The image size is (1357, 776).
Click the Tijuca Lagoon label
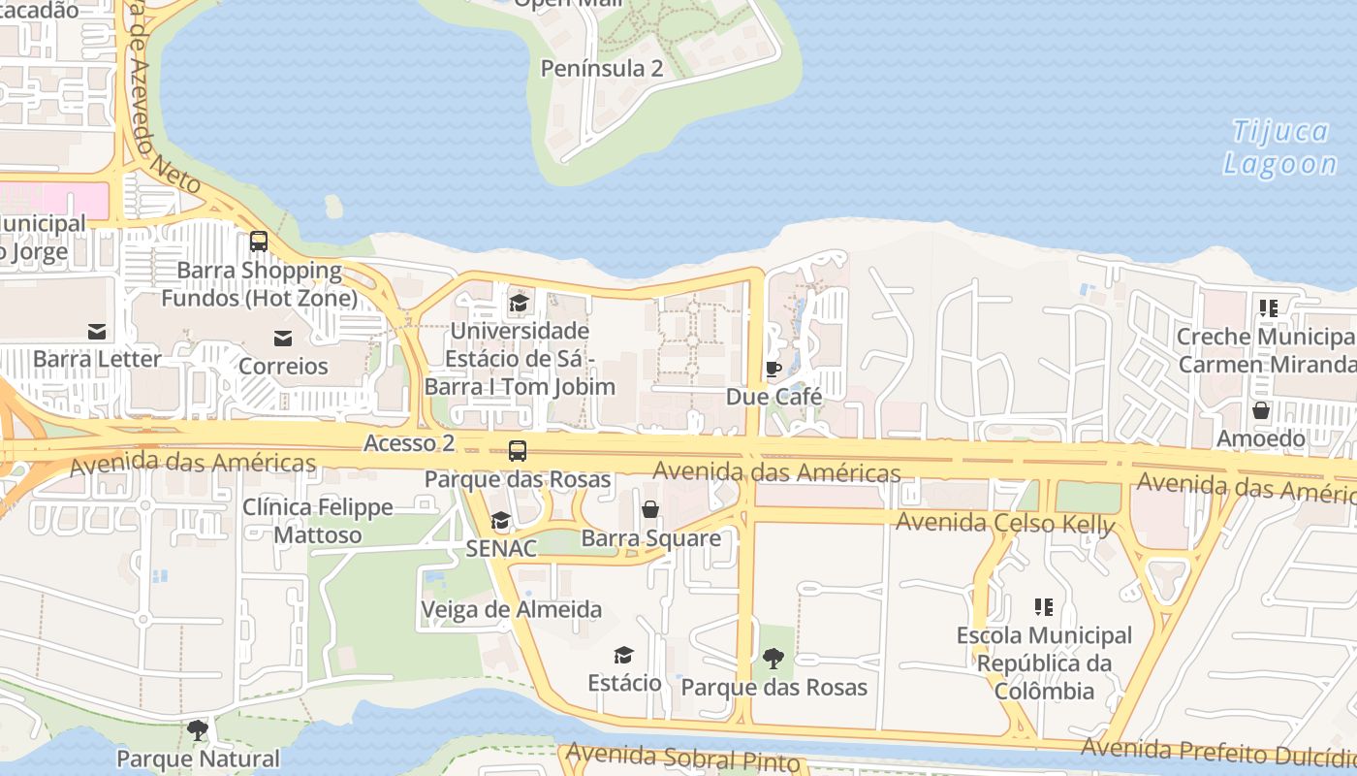coord(1280,147)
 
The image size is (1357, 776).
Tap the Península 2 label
coord(602,68)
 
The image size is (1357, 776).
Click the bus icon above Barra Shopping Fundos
coord(258,242)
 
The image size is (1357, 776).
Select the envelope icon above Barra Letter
coord(97,332)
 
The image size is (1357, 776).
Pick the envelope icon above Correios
coord(283,339)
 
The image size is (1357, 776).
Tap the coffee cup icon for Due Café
coord(773,370)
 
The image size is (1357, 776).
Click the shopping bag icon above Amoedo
coord(1261,410)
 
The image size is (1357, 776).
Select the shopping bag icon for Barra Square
coord(650,509)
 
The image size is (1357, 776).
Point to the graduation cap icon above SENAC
coord(500,521)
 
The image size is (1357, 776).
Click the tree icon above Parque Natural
coord(198,730)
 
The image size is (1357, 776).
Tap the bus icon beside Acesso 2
coord(518,451)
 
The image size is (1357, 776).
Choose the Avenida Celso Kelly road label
coord(1005,523)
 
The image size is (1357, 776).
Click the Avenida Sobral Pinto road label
coord(684,757)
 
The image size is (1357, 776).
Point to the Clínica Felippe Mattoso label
coord(318,521)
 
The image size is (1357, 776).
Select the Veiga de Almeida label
coord(511,609)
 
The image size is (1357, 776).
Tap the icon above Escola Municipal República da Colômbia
coord(1044,608)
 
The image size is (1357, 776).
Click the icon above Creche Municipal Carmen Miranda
coord(1268,308)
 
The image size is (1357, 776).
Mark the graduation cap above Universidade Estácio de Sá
coord(519,304)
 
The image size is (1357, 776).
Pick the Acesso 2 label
coord(409,443)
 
